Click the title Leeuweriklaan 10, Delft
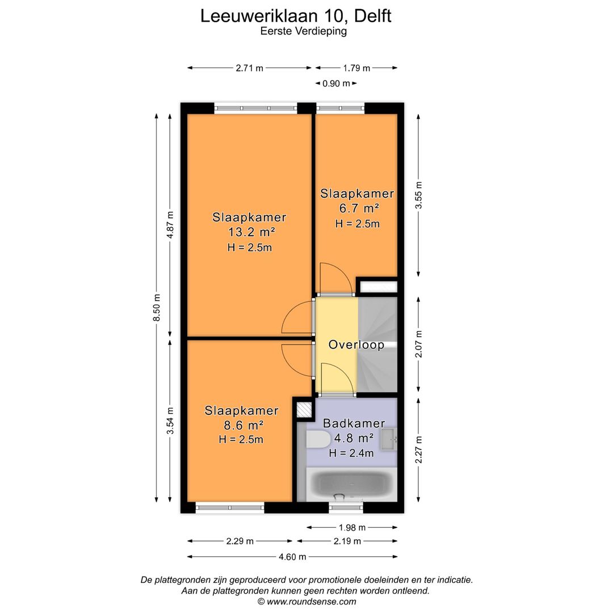tap(296, 15)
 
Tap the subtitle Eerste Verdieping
tap(303, 32)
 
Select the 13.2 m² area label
tap(250, 232)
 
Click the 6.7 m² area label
tap(356, 208)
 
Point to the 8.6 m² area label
tap(242, 425)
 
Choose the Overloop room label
tap(356, 345)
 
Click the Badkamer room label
tap(354, 423)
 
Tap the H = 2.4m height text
tap(351, 453)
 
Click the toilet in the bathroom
tap(318, 440)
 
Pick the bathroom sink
tap(389, 439)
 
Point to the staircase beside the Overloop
tap(377, 345)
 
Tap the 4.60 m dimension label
tap(292, 557)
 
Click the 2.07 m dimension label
tap(419, 345)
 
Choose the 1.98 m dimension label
tap(352, 527)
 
